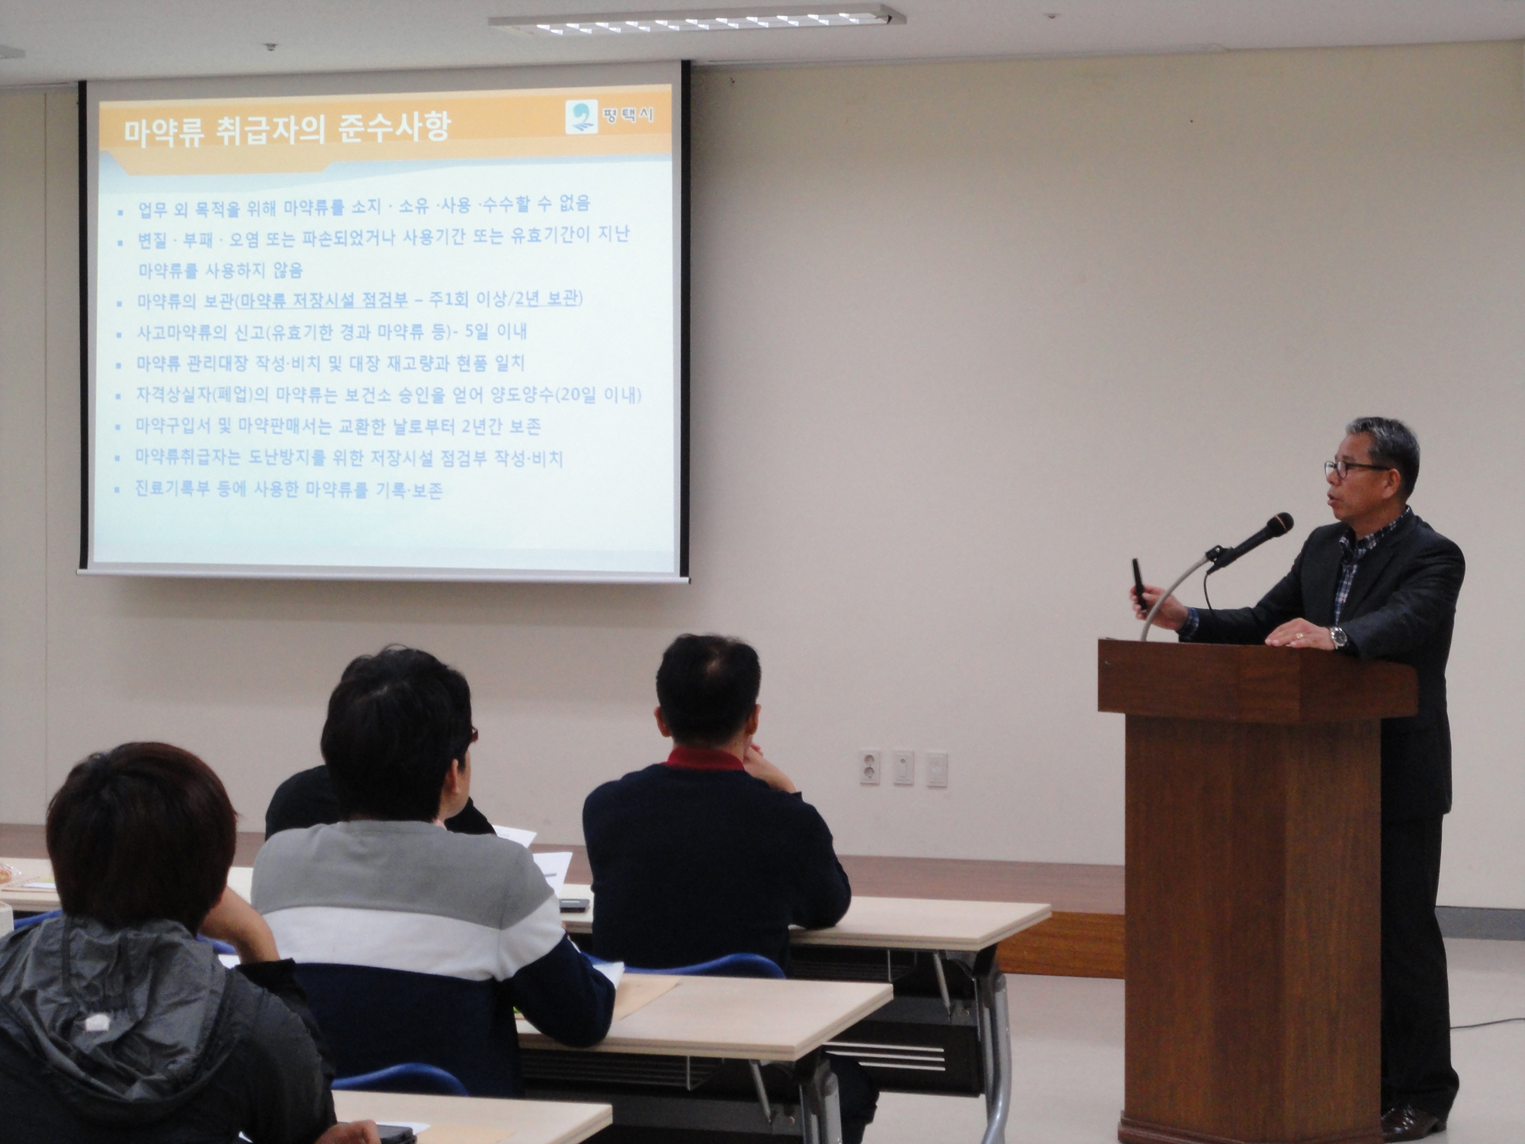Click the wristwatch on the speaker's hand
(1338, 636)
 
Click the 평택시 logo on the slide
(609, 117)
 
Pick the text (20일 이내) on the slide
(599, 394)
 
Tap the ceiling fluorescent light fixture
(696, 21)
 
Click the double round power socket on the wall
(869, 766)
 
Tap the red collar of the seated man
(705, 758)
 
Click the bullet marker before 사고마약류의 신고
(118, 335)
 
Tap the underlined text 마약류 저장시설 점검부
(324, 300)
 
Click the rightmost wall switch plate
(937, 769)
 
